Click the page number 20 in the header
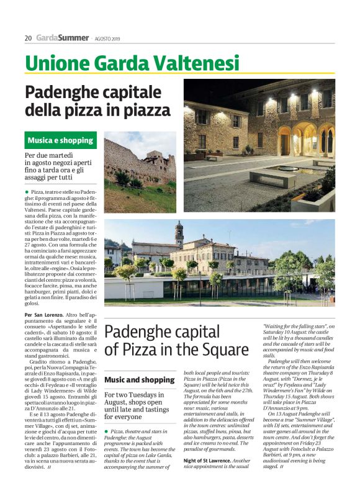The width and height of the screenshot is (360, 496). click(x=28, y=38)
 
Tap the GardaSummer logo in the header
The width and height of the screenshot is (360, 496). click(x=62, y=38)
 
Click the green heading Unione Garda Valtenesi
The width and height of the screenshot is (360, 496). click(x=132, y=63)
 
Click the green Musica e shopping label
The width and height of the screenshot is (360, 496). click(x=60, y=140)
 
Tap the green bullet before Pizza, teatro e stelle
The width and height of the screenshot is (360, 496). click(x=27, y=193)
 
